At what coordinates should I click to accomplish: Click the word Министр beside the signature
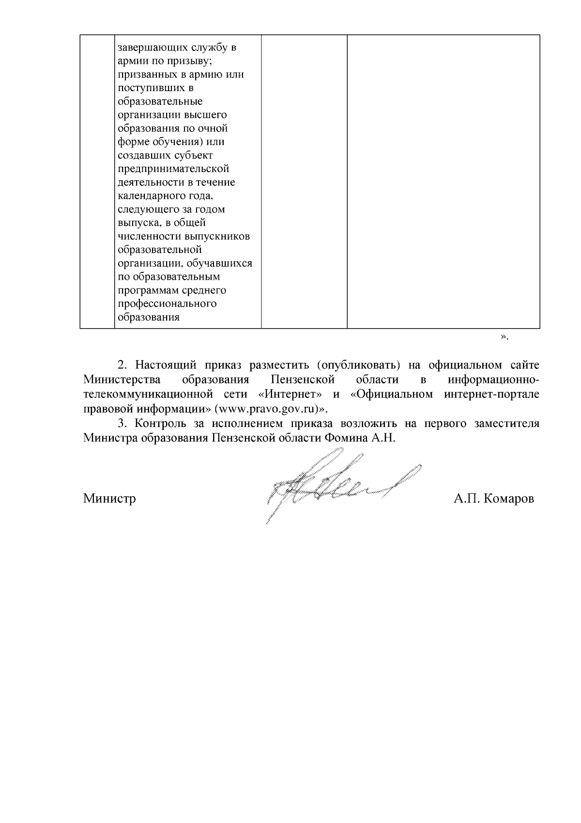coord(109,498)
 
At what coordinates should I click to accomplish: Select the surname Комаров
coord(508,499)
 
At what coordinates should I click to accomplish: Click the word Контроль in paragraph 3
coord(160,424)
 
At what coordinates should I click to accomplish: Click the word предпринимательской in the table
coord(173,169)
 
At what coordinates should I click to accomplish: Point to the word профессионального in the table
coord(167,304)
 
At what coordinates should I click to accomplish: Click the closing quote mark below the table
coord(504,337)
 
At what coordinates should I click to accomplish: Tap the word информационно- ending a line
coord(493,379)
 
